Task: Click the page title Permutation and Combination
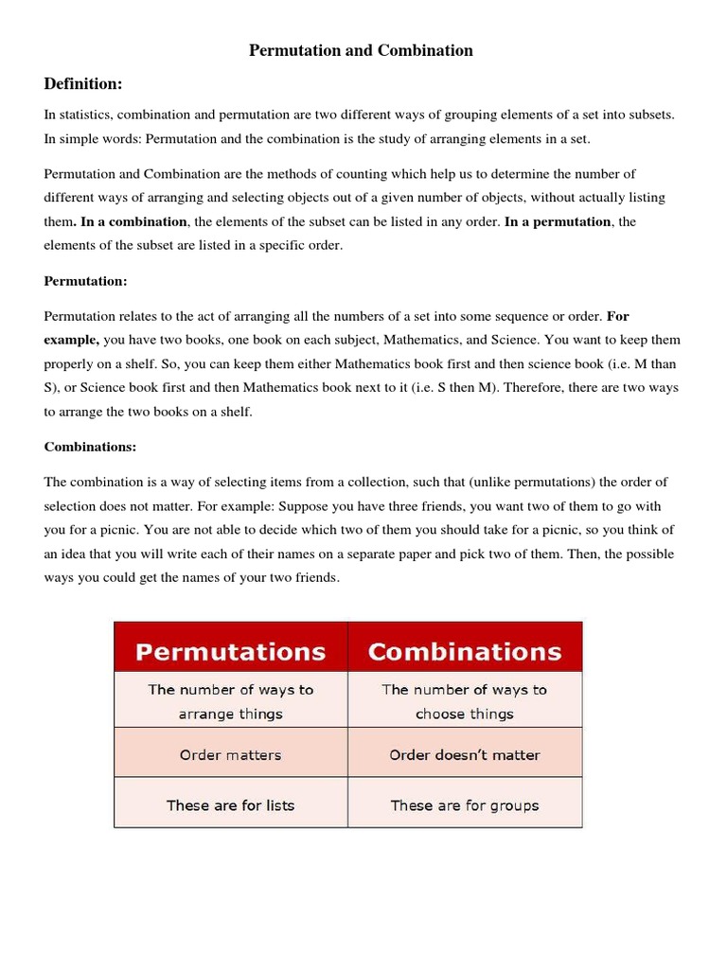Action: (361, 50)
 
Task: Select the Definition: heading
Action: (83, 84)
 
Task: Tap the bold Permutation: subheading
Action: (85, 281)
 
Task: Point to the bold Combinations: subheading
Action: (91, 447)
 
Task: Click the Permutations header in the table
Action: (230, 651)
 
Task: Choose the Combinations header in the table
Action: (464, 651)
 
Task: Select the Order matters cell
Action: (230, 755)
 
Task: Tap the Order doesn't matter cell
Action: (464, 755)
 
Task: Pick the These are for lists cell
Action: (230, 805)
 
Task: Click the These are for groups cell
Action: (464, 805)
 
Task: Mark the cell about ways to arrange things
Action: (230, 701)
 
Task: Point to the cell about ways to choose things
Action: (464, 701)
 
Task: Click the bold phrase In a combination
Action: (133, 221)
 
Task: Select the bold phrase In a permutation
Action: (558, 221)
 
